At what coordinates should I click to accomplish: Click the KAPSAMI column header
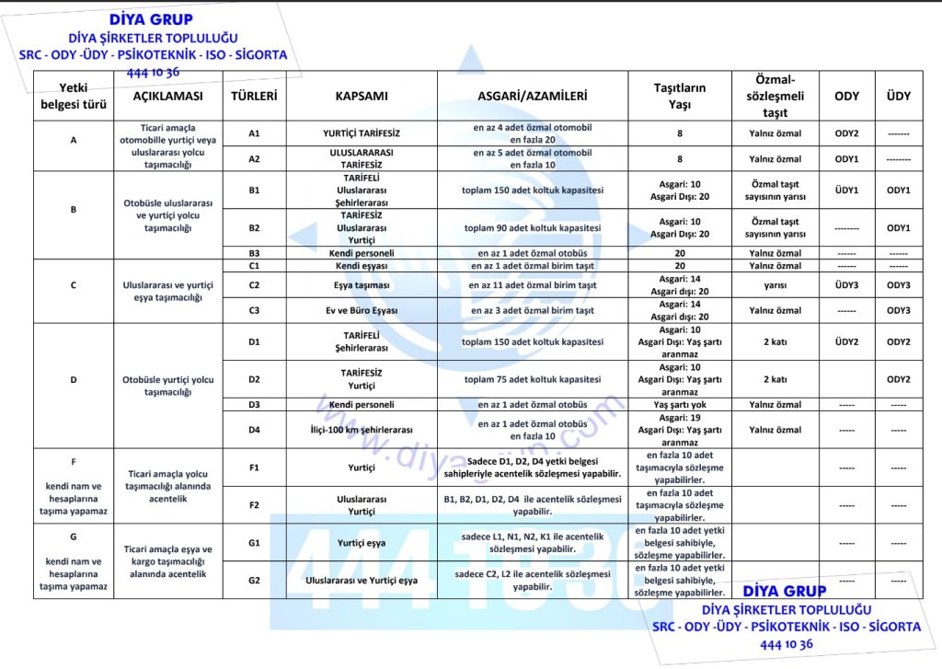[362, 96]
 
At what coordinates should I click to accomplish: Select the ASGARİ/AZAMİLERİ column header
[532, 96]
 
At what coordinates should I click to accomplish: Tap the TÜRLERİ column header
[254, 96]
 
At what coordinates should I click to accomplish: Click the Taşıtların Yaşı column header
[679, 96]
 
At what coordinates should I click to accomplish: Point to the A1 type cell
[254, 133]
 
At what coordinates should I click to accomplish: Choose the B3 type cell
[254, 253]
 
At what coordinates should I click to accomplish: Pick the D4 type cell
[254, 430]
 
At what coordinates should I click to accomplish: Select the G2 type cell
[254, 581]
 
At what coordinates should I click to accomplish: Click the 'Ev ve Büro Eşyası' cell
[362, 310]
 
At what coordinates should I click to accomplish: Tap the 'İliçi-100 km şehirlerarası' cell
[362, 430]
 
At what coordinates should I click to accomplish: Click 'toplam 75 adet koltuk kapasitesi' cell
[532, 379]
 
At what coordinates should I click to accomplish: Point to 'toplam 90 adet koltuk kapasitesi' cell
[532, 227]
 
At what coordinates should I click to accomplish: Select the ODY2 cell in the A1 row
[846, 133]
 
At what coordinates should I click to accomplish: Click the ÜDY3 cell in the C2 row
[846, 285]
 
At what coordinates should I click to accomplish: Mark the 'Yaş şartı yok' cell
[679, 404]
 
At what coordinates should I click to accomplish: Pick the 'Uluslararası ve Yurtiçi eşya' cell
[362, 581]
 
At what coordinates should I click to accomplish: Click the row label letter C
[73, 285]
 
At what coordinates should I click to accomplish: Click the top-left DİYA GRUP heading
[153, 18]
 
